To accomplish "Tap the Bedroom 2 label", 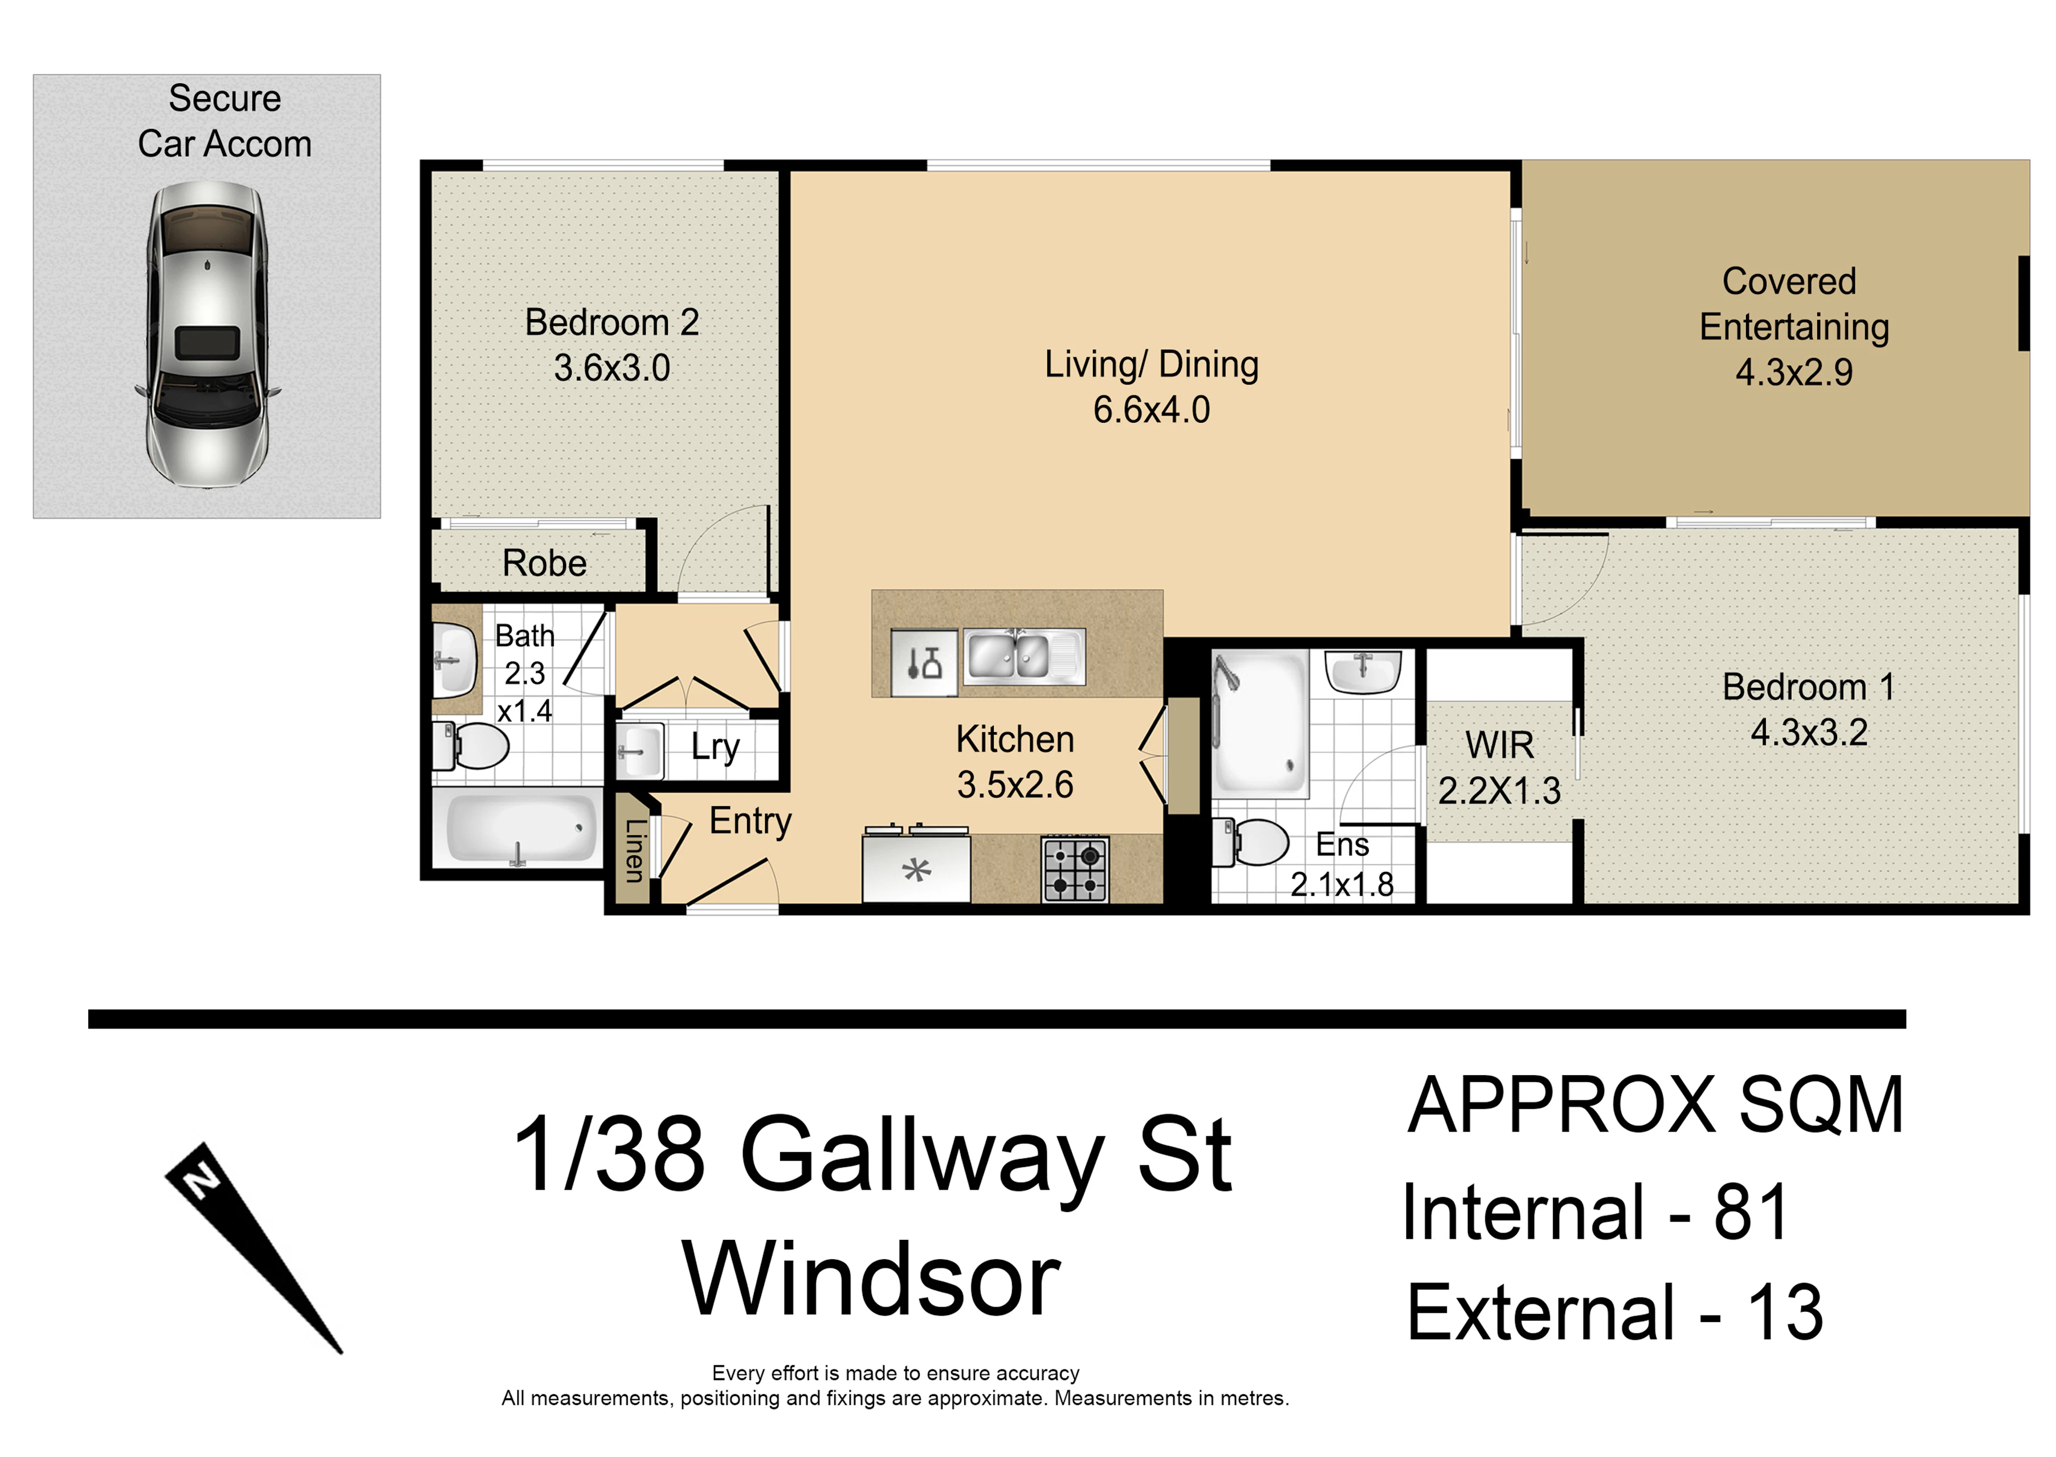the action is point(612,322).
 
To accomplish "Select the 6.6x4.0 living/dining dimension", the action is point(1152,410).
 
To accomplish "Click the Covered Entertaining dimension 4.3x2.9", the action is point(1794,372).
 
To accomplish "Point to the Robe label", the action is point(545,564).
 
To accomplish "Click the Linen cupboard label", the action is point(634,851).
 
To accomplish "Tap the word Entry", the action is point(751,821).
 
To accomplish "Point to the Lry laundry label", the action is point(716,748).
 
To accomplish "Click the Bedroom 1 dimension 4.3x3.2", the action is point(1809,733).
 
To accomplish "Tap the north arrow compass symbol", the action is point(254,1248).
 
